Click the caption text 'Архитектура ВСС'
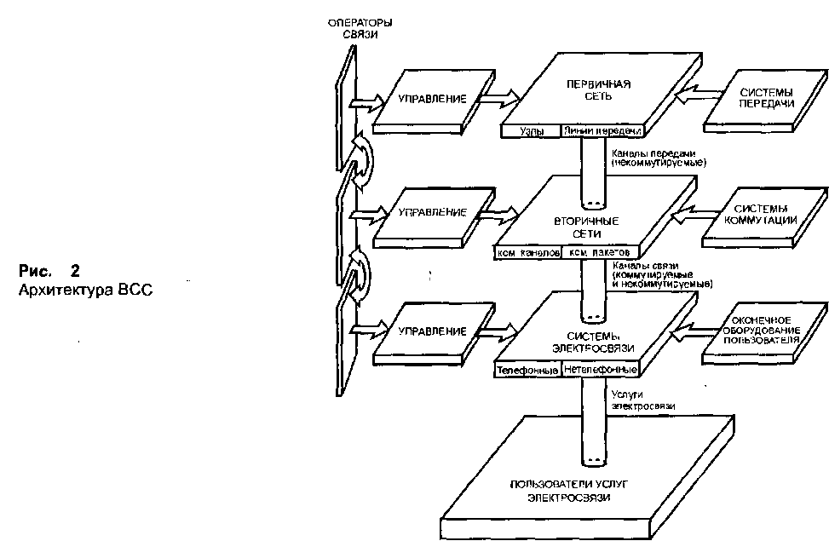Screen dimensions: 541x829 click(85, 288)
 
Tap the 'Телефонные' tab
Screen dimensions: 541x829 click(527, 371)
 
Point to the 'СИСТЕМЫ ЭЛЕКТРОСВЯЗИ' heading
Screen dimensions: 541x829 click(584, 341)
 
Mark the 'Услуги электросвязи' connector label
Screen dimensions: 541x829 click(642, 401)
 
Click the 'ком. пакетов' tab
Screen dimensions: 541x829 click(599, 254)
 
